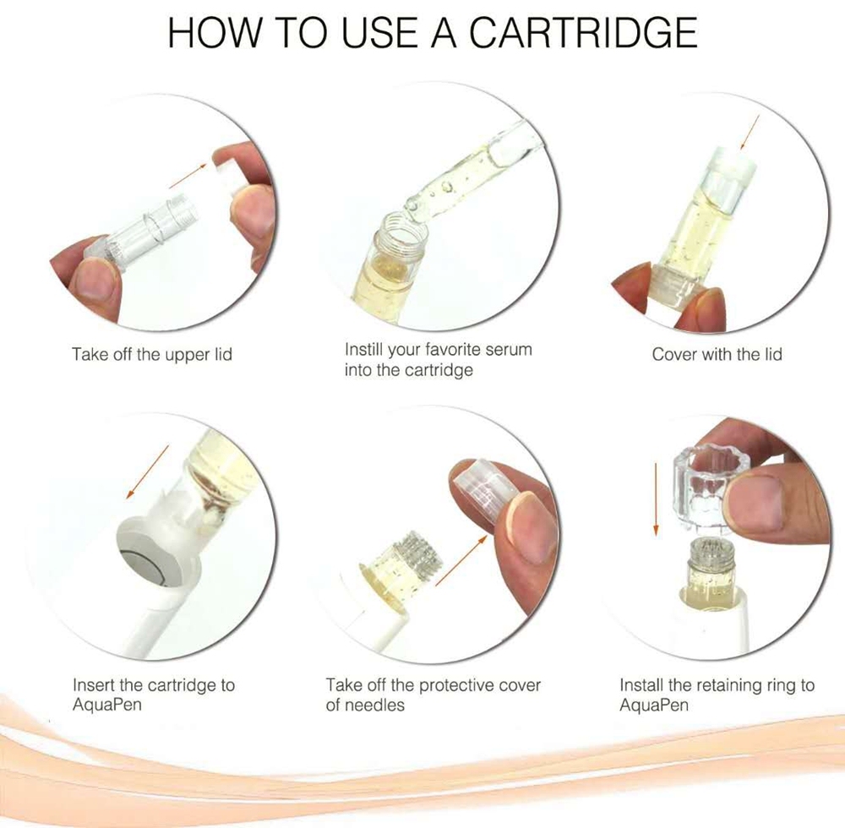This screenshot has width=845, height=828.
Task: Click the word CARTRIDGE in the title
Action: (583, 34)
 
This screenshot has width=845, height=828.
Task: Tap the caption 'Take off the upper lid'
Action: (152, 354)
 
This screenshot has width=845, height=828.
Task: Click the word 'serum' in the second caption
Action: (503, 349)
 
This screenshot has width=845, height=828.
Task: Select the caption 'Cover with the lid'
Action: (717, 354)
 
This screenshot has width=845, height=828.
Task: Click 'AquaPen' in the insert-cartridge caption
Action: (107, 705)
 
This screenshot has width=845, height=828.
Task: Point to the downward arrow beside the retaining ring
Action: (655, 498)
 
